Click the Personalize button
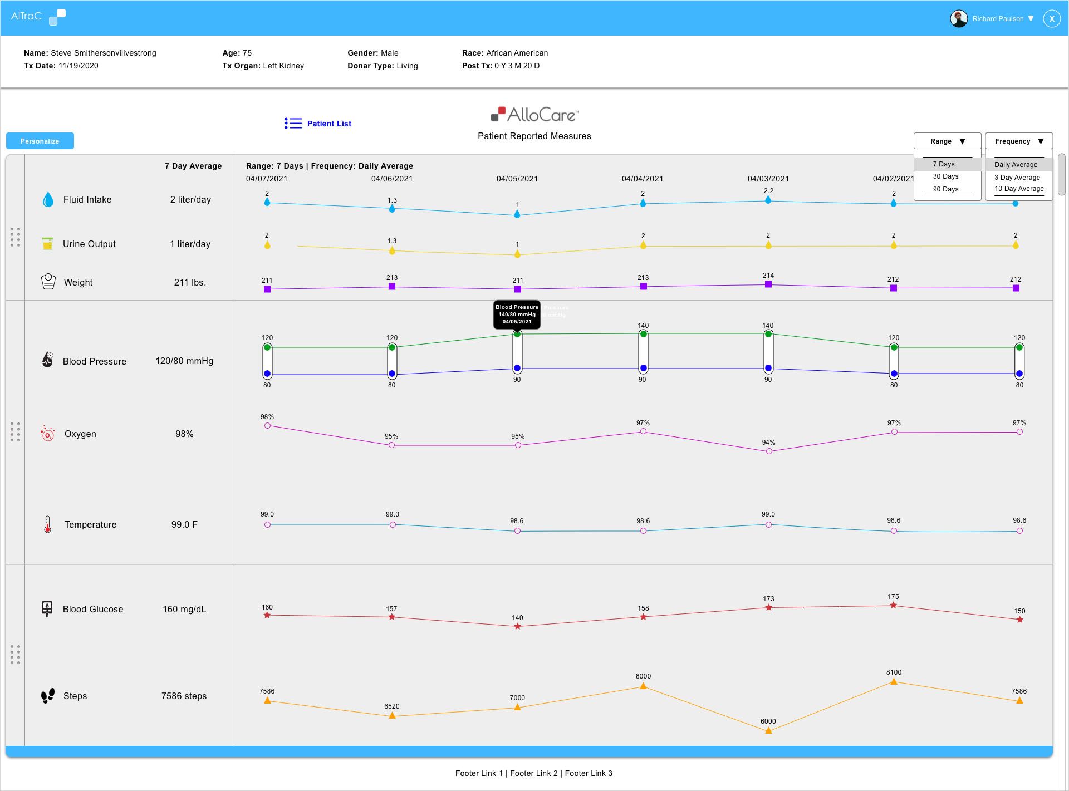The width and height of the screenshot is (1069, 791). [x=40, y=141]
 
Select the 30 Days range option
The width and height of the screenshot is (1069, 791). [x=945, y=176]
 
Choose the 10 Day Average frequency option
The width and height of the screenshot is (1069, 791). [x=1019, y=189]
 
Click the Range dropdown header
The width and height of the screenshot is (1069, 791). [x=947, y=141]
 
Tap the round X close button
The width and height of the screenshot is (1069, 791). [x=1052, y=18]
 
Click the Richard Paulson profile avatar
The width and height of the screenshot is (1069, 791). [x=959, y=18]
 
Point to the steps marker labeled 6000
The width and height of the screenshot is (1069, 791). [x=768, y=730]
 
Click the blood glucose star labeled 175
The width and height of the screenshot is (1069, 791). [x=893, y=605]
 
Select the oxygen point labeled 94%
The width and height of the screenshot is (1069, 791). [x=769, y=451]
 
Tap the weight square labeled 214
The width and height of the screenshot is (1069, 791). [x=768, y=284]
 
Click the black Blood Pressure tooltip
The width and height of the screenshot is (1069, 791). [x=517, y=315]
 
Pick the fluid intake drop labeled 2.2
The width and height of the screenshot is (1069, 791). [x=768, y=200]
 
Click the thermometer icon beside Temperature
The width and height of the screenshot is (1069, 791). [x=48, y=524]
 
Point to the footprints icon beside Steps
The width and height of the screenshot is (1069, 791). [x=48, y=696]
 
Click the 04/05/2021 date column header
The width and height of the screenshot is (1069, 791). [x=517, y=179]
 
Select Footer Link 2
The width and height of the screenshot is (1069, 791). [x=533, y=773]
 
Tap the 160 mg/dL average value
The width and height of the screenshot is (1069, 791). [x=184, y=609]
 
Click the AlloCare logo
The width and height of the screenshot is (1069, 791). [x=534, y=115]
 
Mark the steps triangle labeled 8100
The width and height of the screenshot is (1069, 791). [x=894, y=681]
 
